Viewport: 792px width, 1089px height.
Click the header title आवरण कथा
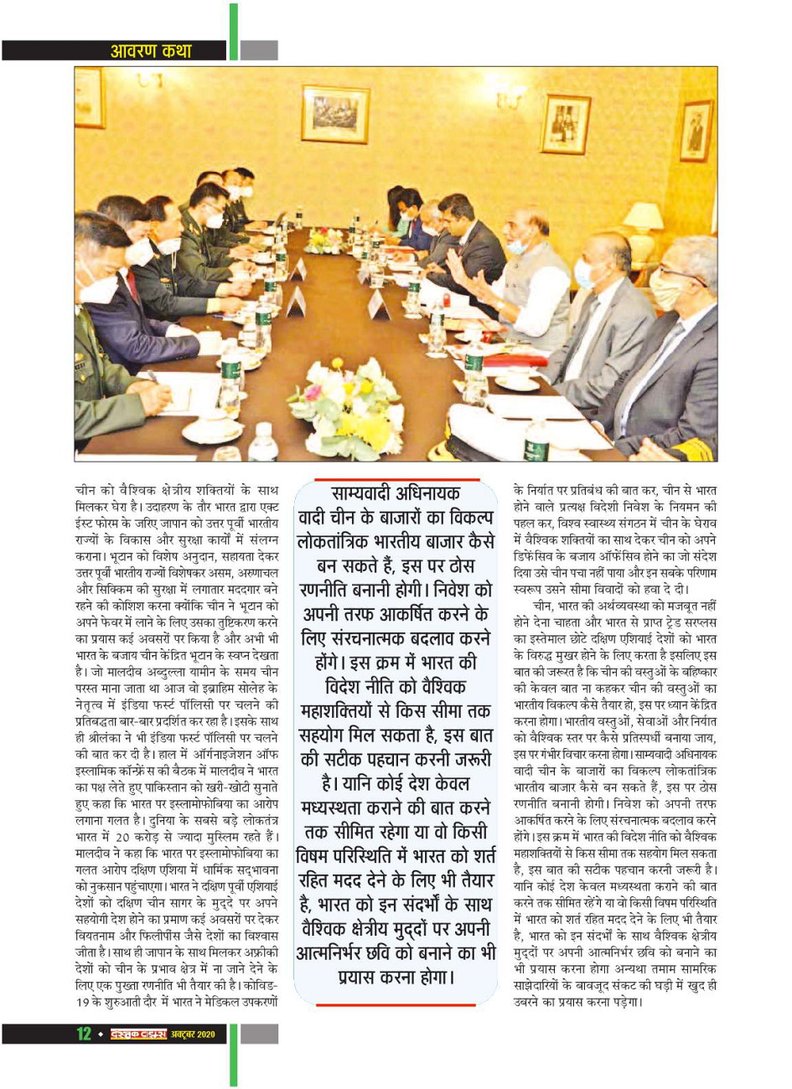pos(151,51)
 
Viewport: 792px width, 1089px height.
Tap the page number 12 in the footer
pos(85,1034)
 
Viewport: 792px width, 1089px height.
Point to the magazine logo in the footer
pos(139,1034)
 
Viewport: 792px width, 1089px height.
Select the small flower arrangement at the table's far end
pos(323,240)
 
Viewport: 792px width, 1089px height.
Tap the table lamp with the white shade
pos(643,219)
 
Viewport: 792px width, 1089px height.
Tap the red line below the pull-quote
pos(396,1004)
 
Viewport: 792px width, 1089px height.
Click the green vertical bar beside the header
pos(233,34)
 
